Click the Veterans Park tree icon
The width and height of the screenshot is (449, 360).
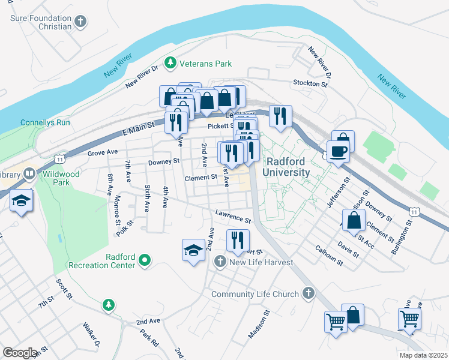point(171,63)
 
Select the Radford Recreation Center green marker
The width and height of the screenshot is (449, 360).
point(144,260)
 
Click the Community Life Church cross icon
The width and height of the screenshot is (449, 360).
point(308,293)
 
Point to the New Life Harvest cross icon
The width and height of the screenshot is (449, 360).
point(220,262)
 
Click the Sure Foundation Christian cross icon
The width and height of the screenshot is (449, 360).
point(80,22)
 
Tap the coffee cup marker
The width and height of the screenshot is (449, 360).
point(338,151)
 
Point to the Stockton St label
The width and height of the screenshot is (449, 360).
point(310,83)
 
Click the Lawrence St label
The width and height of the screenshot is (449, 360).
point(233,216)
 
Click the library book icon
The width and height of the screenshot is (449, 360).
point(29,174)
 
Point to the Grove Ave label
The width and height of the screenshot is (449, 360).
point(103,153)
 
